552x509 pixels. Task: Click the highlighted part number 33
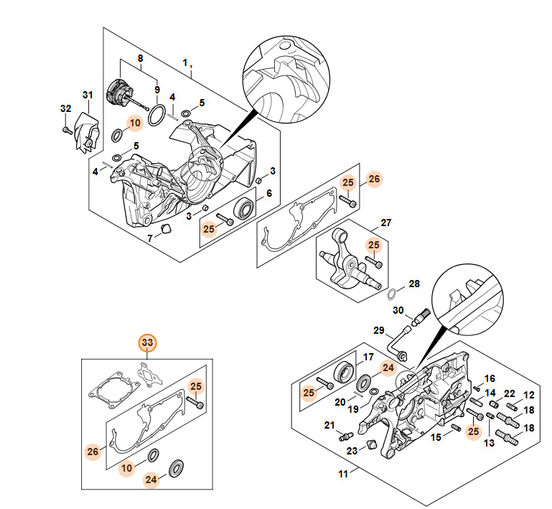[147, 343]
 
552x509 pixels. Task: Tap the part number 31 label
[88, 95]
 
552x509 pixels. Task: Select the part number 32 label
[66, 108]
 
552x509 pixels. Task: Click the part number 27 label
[385, 223]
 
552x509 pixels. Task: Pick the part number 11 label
[343, 474]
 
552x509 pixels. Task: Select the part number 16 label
[490, 378]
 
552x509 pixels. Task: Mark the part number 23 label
[352, 451]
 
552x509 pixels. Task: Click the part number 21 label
[329, 426]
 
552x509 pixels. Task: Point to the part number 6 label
[269, 193]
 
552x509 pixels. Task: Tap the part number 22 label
[509, 393]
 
